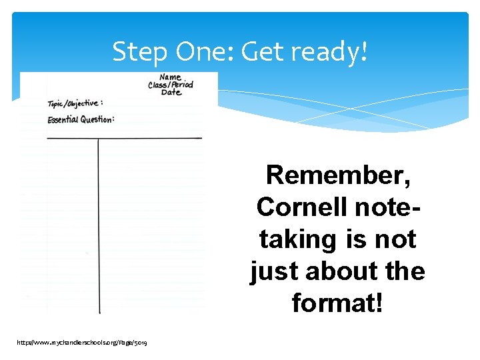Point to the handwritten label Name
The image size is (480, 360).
coord(170,78)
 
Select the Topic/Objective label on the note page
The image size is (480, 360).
coord(75,104)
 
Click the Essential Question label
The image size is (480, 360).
coord(81,119)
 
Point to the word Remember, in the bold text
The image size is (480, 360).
coord(337,175)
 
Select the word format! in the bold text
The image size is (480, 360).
coord(337,303)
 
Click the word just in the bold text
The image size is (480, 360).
coord(273,271)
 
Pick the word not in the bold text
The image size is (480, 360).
coord(395,239)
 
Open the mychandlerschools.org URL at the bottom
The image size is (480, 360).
coord(83,342)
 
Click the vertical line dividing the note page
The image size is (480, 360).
coord(99,227)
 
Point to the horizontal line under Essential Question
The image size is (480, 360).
coord(124,138)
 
